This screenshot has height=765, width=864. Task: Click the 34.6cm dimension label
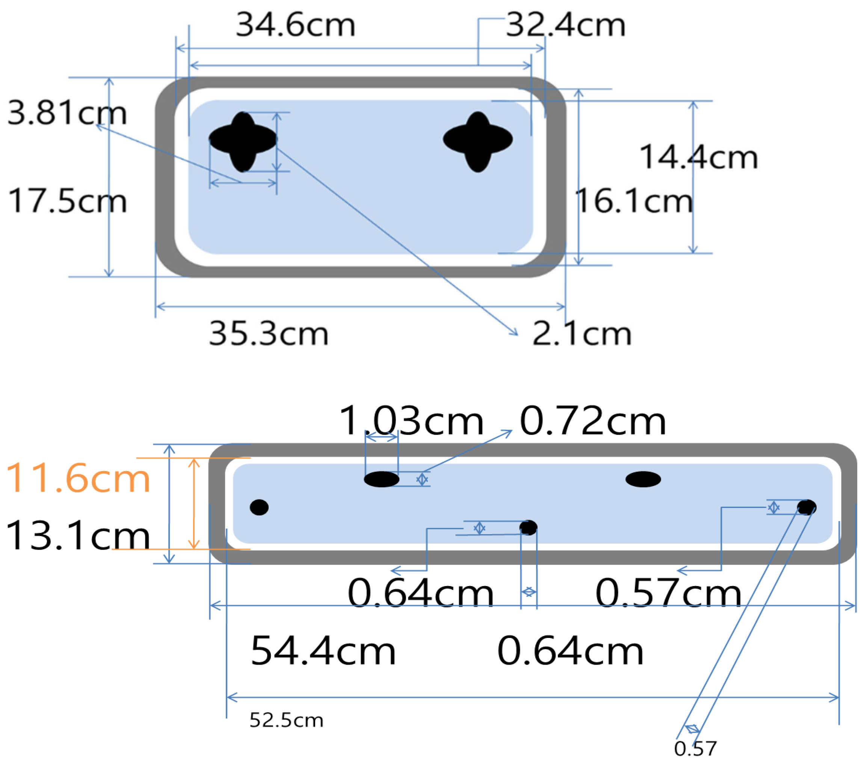point(295,26)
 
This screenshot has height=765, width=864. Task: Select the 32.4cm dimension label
point(566,26)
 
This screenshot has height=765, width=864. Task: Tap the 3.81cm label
point(67,114)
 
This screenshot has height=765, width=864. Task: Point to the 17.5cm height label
point(67,201)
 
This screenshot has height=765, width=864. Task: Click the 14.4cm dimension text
point(699,158)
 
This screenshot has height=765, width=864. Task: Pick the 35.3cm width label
point(269,334)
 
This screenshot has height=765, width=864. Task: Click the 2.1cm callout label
point(582,334)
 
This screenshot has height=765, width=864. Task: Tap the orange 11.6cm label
point(78,479)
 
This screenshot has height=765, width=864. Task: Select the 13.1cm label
point(78,536)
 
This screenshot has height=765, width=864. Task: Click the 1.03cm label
point(411,421)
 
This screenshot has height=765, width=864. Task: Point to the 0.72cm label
point(593,421)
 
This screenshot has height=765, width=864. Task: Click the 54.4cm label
point(323,651)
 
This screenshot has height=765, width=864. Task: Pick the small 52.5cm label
point(286,720)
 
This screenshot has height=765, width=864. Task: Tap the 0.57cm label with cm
point(668,593)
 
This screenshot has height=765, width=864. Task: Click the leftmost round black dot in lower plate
point(259,507)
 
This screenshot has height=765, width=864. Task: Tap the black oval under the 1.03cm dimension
point(381,479)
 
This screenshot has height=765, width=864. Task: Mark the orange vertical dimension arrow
point(193,503)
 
